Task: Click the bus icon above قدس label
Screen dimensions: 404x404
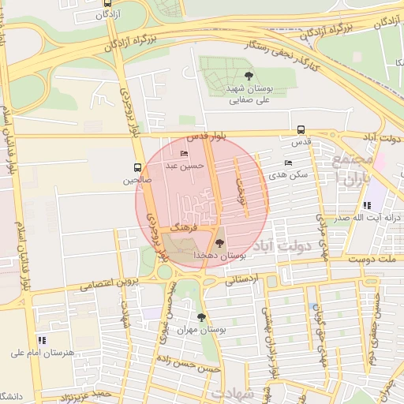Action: coord(300,130)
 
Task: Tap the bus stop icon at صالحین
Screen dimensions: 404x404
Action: coord(138,167)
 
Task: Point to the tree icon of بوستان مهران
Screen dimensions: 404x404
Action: coord(201,317)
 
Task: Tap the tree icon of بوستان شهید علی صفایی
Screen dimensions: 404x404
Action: coord(249,76)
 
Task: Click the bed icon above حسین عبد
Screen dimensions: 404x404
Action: coord(185,153)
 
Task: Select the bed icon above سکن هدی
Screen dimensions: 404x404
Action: coord(288,163)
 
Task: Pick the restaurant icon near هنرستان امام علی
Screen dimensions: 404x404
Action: coord(41,340)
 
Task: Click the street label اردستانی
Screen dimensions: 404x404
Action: coord(242,279)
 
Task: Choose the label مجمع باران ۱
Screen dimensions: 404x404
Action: coord(351,169)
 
